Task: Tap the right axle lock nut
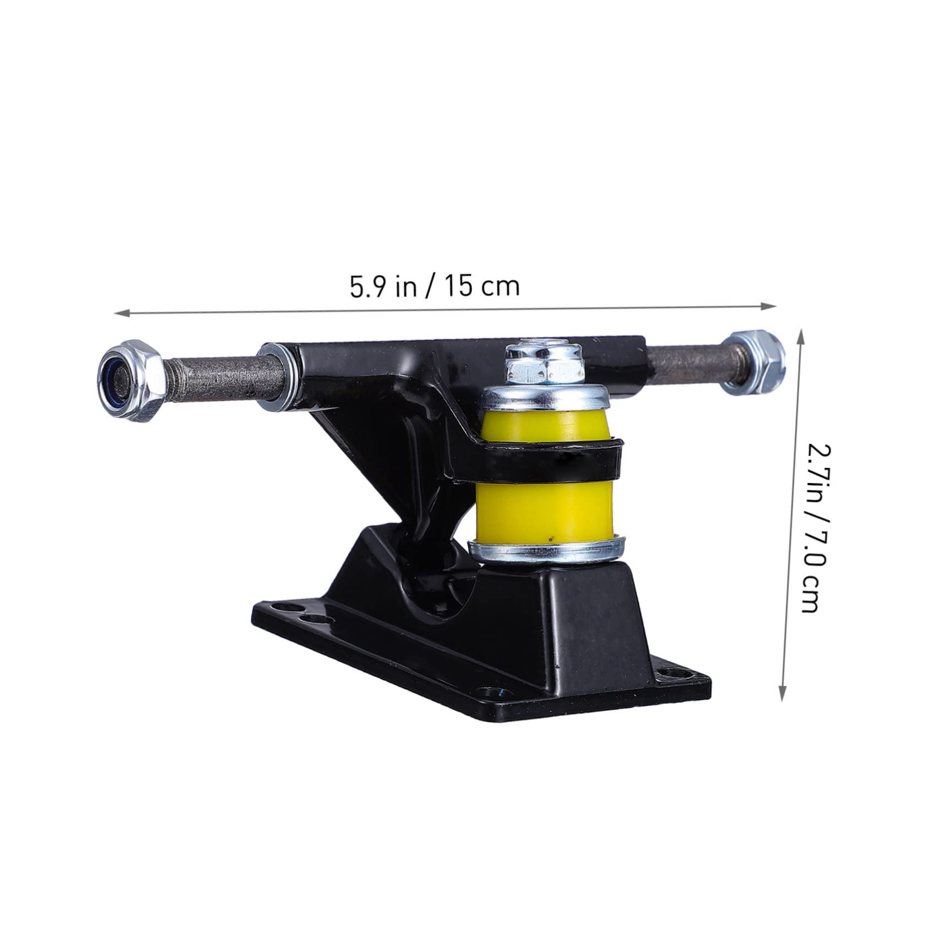coord(756,363)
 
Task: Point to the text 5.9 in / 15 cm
coord(435,287)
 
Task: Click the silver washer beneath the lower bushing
coord(545,553)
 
